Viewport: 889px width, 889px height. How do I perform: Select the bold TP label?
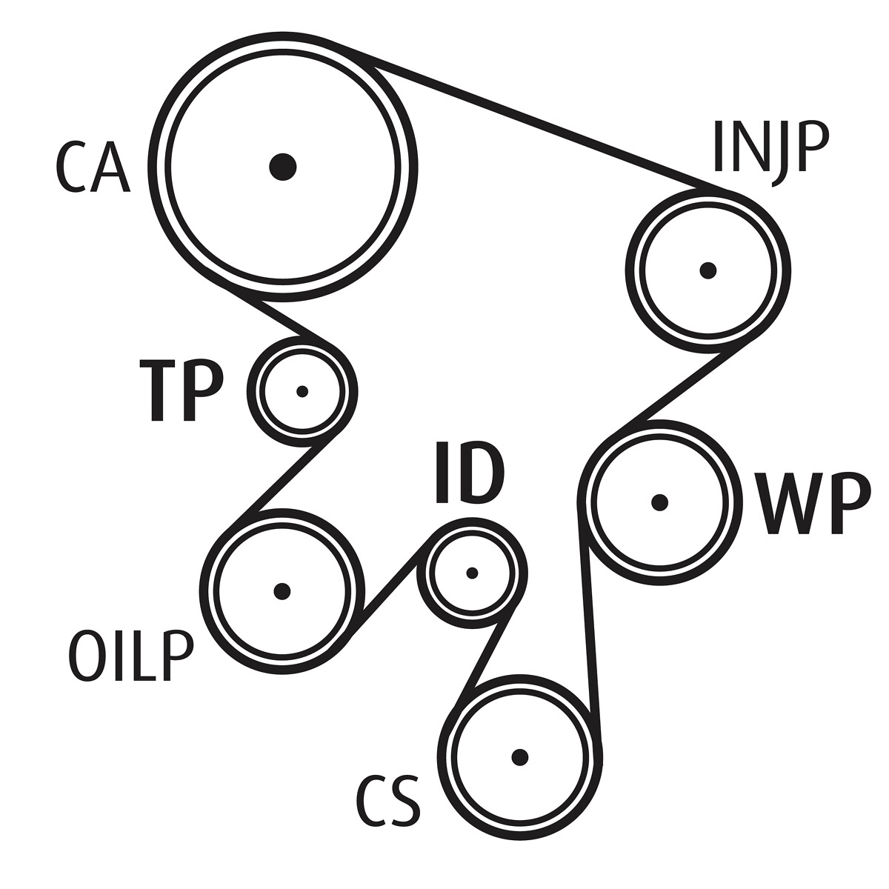click(182, 390)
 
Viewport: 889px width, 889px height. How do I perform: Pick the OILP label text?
click(130, 656)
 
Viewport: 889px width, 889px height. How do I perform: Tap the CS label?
click(388, 801)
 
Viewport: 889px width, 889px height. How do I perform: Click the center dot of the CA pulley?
click(283, 167)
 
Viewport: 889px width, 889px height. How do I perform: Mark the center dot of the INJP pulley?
click(708, 270)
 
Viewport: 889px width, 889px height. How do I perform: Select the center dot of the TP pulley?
click(302, 391)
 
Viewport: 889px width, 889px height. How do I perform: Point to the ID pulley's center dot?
click(473, 573)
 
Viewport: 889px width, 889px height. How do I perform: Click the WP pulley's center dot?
click(659, 502)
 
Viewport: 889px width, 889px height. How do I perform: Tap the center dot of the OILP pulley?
click(282, 591)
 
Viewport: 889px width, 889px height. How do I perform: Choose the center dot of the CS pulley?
click(520, 756)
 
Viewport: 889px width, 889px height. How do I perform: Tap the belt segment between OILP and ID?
click(391, 585)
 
